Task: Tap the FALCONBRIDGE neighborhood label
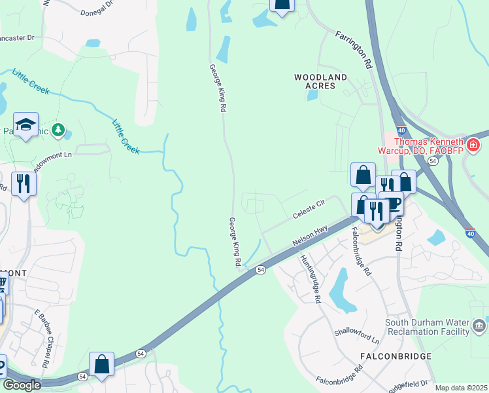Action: [x=396, y=356]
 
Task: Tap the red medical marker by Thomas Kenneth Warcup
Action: [x=472, y=145]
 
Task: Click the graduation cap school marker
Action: [x=25, y=124]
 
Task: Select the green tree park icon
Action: [x=59, y=130]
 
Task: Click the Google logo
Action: [x=22, y=385]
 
